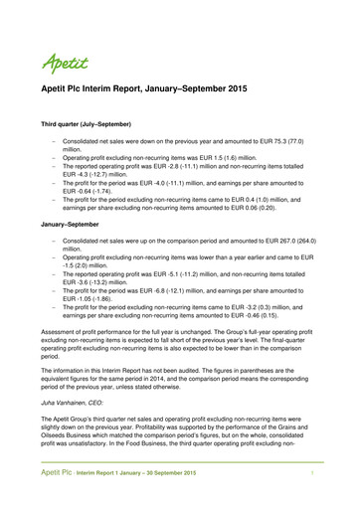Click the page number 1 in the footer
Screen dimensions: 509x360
(x=312, y=496)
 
